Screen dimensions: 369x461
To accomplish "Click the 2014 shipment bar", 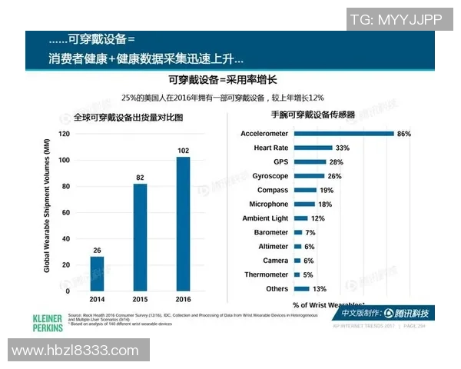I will (97, 274).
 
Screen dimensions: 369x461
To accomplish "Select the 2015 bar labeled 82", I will (140, 238).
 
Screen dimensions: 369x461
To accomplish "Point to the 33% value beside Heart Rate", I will (342, 148).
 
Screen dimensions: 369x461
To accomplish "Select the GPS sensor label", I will (280, 161).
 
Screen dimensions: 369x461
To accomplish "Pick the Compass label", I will (273, 190).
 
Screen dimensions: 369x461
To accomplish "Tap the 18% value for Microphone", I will (324, 204).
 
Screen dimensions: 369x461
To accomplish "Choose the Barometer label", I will (271, 232).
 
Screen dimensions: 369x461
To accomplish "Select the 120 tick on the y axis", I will (64, 134).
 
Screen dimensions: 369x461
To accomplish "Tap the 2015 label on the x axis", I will (140, 299).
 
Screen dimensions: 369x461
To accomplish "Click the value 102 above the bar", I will (183, 150).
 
